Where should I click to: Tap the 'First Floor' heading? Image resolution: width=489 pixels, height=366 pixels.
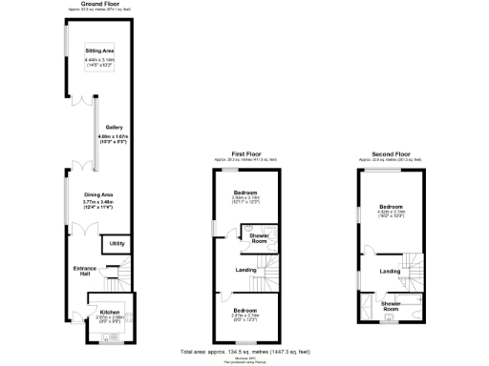(x=245, y=152)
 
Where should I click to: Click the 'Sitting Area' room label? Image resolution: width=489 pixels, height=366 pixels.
(x=99, y=50)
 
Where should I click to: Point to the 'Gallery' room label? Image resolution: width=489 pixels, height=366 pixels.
(x=114, y=127)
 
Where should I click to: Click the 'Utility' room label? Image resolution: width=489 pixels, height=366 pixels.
(x=117, y=244)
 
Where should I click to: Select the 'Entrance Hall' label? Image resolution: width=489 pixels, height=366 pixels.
(x=86, y=272)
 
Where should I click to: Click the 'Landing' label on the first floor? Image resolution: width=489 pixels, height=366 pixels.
(x=245, y=271)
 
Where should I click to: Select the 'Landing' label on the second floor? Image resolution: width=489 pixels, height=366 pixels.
(x=390, y=272)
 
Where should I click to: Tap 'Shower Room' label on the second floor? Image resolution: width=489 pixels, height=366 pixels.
(x=391, y=307)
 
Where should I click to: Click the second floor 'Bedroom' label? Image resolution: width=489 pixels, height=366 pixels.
(x=390, y=206)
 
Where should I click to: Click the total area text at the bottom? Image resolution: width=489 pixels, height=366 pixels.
(x=245, y=352)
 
